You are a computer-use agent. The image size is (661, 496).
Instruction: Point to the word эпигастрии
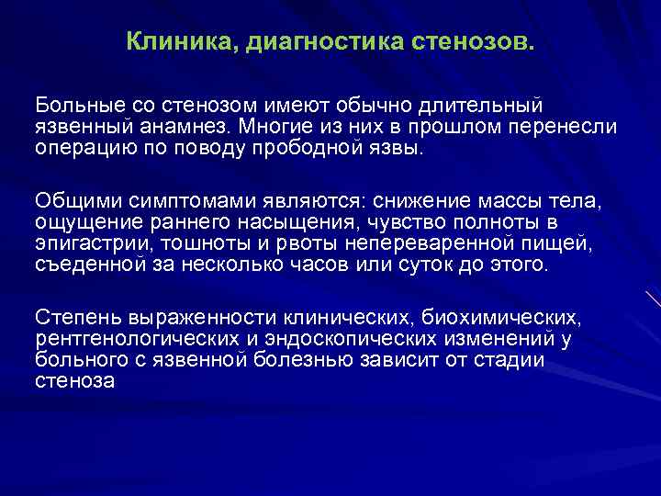coord(87,243)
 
